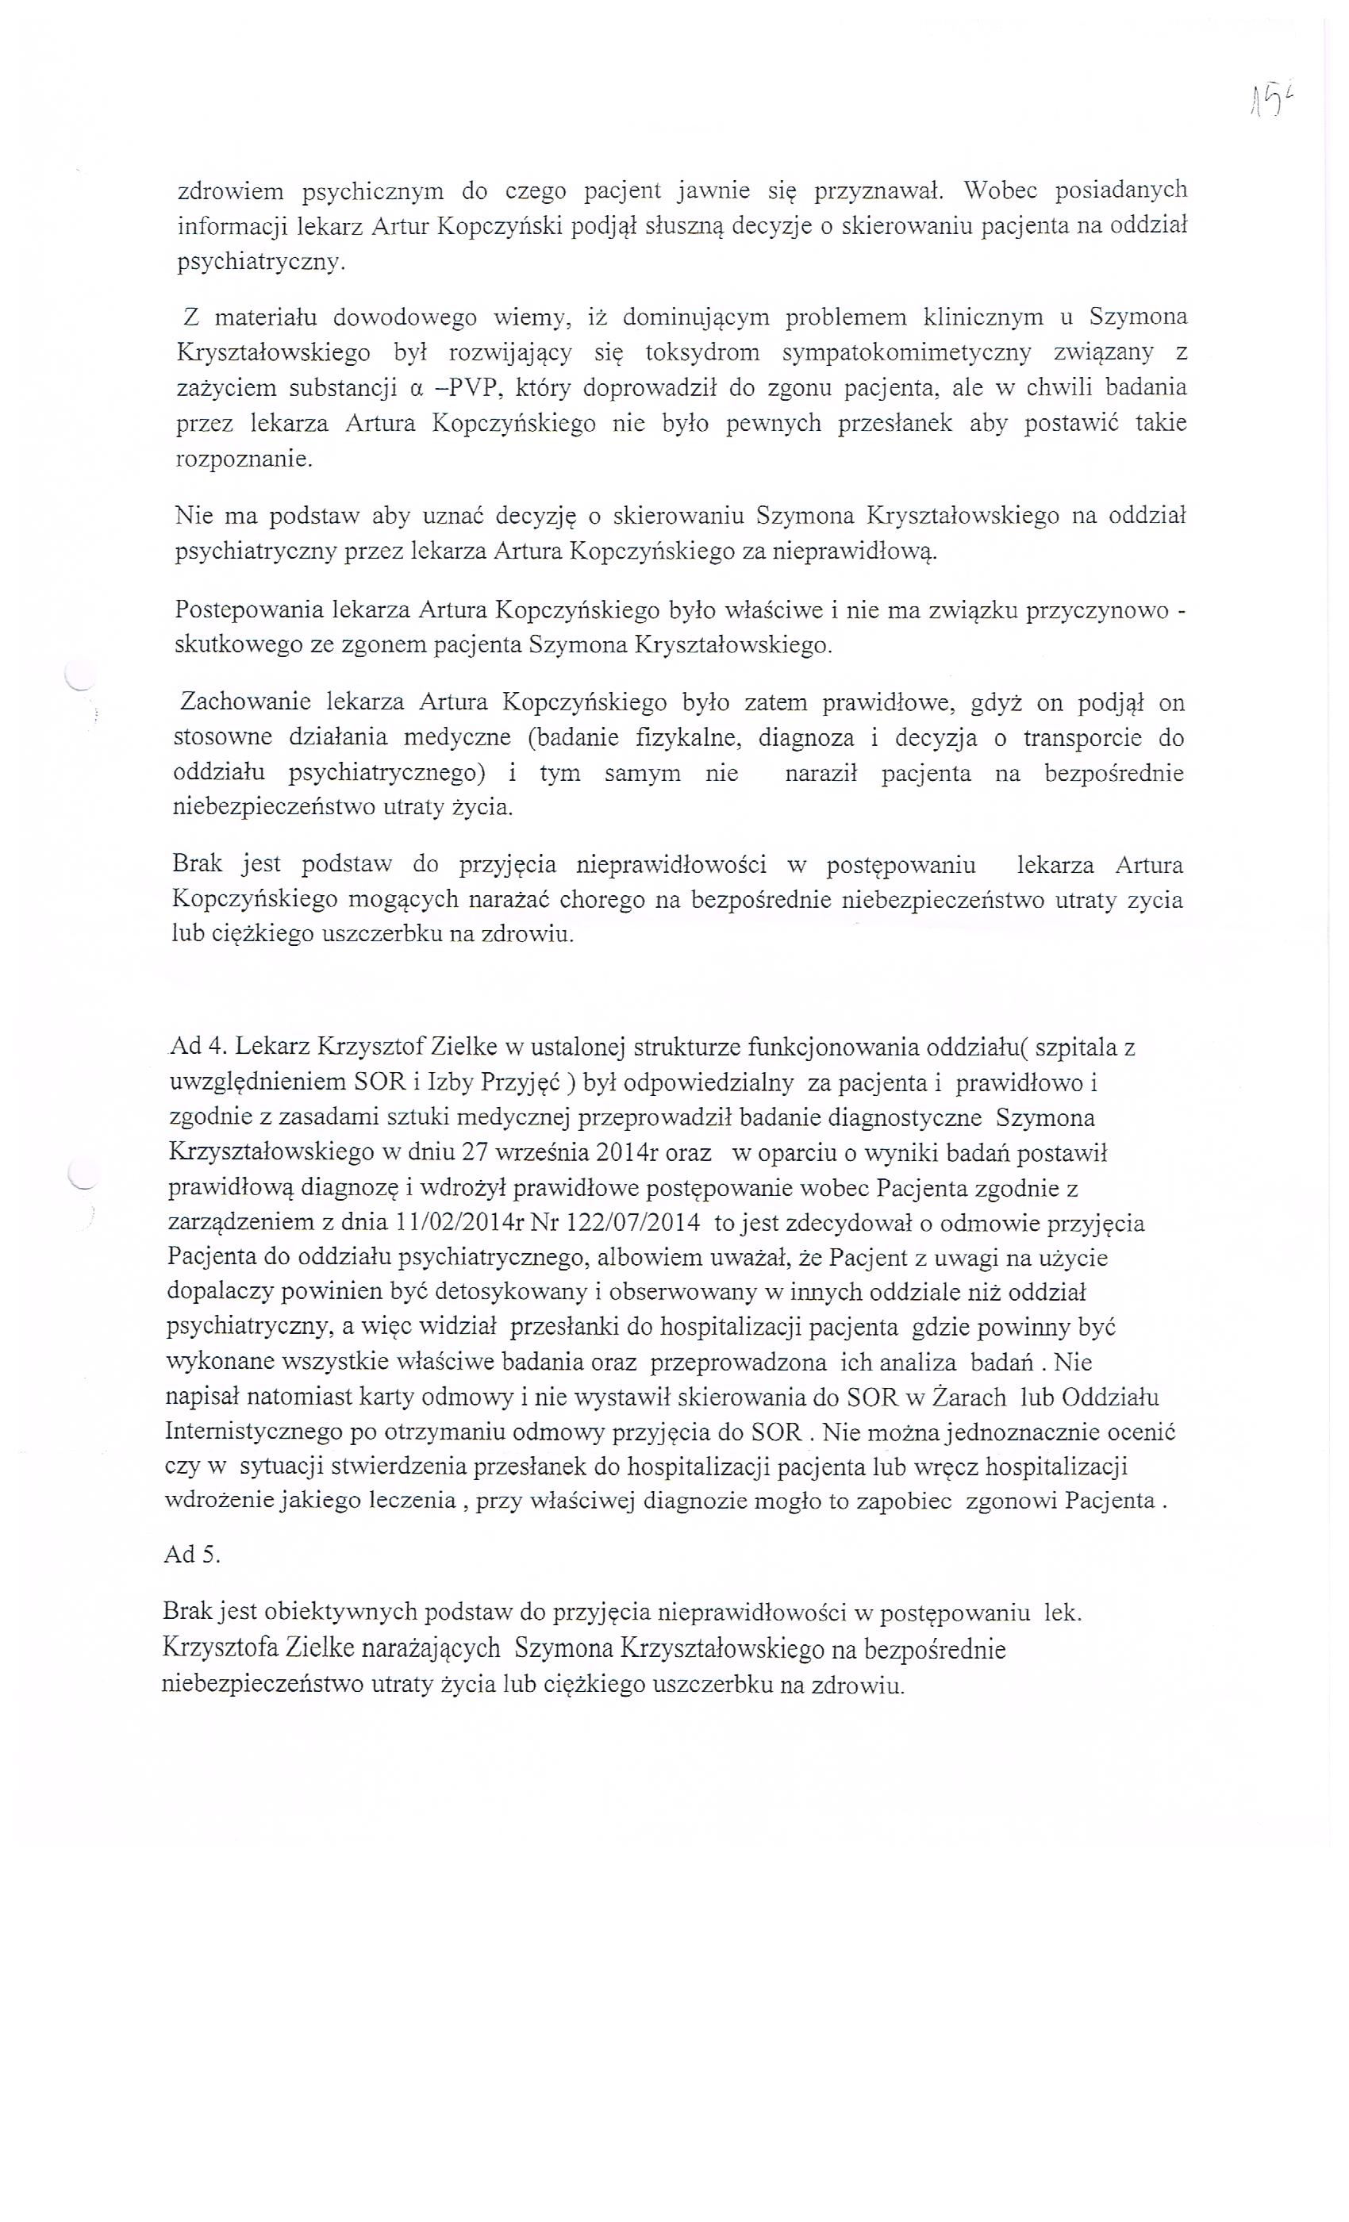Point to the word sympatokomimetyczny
click(906, 352)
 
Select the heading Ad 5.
click(192, 1554)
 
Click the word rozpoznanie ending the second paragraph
click(244, 459)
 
